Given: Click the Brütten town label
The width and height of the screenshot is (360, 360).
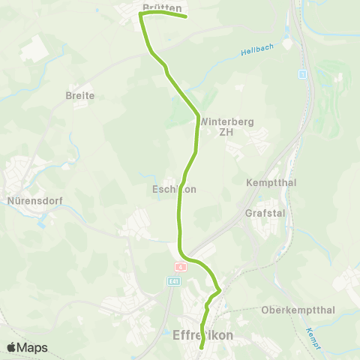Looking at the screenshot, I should click(162, 7).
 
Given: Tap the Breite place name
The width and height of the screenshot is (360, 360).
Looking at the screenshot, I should click(80, 96).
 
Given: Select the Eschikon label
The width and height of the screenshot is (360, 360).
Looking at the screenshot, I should click(173, 190).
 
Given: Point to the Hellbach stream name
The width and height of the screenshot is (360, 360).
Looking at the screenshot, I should click(257, 51).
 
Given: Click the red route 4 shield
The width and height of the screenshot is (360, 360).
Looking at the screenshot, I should click(180, 267).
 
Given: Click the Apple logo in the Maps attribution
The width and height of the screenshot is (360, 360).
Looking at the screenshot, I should click(12, 347).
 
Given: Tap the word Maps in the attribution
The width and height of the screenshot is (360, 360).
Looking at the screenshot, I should click(33, 347).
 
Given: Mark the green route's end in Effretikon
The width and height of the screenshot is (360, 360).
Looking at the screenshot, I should click(202, 347).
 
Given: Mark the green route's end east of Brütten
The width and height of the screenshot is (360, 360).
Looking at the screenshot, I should click(185, 16).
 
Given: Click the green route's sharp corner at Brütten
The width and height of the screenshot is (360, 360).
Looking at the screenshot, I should click(140, 13).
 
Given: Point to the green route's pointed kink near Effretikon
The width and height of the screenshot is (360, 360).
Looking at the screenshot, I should click(220, 289).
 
